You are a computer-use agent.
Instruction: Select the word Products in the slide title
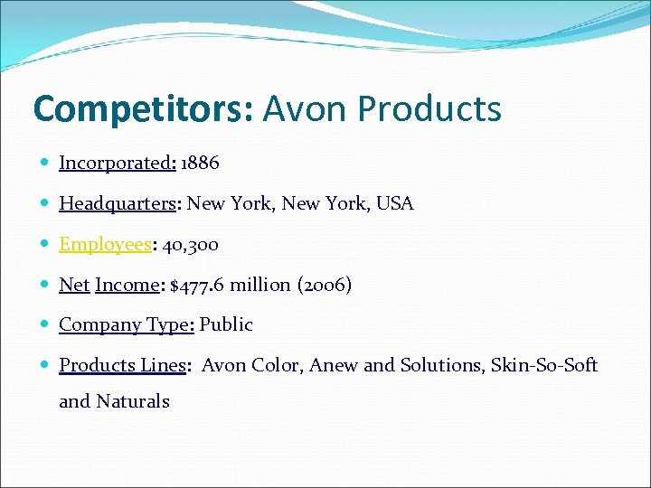coord(429,109)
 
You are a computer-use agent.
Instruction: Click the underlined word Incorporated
coord(116,164)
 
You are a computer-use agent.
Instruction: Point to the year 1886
coord(200,164)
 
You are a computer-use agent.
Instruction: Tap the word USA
coord(394,203)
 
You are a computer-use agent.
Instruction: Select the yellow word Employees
coord(106,244)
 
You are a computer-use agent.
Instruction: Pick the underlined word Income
coord(127,285)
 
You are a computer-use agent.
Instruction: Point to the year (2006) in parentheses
coord(324,285)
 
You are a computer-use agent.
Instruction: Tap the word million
coord(260,285)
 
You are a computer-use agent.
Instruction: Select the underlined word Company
coord(97,324)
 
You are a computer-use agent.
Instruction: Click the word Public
coord(226,324)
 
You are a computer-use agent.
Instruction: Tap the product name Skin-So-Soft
coord(544,365)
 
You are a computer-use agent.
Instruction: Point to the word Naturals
coord(132,401)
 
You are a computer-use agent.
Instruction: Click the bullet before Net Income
coord(45,285)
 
